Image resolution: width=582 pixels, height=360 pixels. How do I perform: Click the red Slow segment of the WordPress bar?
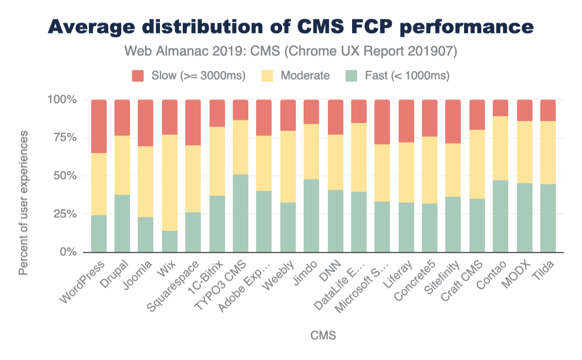click(99, 126)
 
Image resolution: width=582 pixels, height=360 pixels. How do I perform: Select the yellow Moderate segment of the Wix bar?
click(170, 182)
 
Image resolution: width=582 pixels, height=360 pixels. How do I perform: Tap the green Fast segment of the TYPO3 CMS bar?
click(241, 213)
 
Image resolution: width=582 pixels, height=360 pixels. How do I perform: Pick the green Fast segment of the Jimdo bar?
click(311, 215)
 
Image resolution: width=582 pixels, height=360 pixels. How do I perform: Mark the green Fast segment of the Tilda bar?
click(548, 218)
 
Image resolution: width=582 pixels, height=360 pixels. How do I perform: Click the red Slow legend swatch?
click(138, 76)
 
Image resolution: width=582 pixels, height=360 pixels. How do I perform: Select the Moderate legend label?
click(305, 76)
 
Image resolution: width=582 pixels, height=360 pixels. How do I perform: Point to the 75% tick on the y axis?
click(63, 138)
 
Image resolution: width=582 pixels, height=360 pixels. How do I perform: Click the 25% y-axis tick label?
click(63, 214)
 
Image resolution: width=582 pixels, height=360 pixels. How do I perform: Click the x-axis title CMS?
click(323, 336)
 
